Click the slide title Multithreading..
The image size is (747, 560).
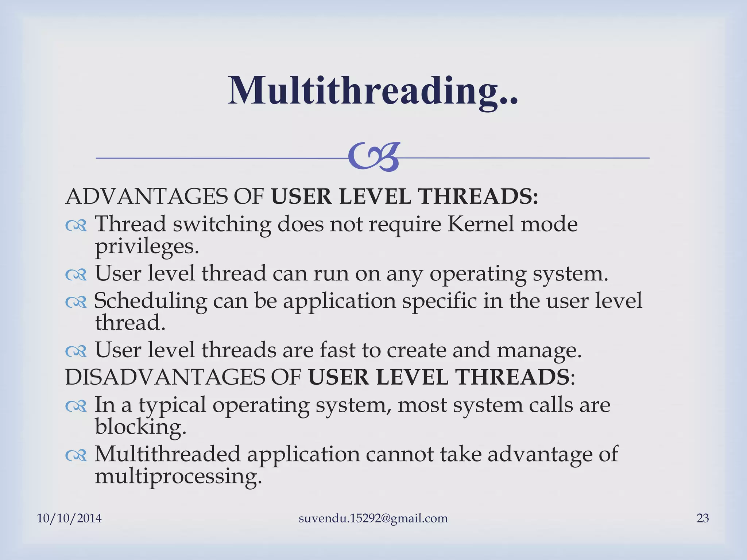tap(373, 91)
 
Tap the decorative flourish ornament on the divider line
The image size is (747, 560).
tap(374, 157)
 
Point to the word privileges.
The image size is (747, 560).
tap(147, 248)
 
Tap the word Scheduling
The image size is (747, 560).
tap(150, 302)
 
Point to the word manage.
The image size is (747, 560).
tap(539, 351)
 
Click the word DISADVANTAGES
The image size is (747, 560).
tap(165, 377)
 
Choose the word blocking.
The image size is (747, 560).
tap(140, 427)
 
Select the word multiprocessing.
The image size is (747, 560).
tap(178, 477)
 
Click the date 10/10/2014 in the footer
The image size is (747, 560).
tap(69, 518)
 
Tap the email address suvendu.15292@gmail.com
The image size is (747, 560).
tap(373, 518)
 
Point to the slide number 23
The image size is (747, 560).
tap(703, 518)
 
